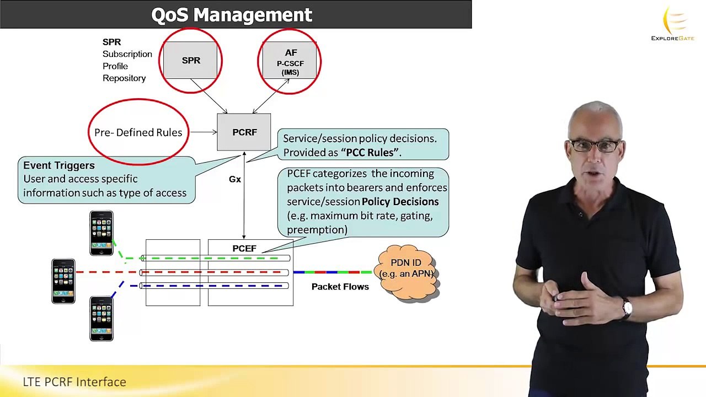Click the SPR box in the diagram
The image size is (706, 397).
[190, 60]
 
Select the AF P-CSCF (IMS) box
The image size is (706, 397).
[290, 60]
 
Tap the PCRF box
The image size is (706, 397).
[244, 132]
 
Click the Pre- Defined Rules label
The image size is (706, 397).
[138, 132]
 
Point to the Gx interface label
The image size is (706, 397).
[235, 179]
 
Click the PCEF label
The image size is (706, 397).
[244, 248]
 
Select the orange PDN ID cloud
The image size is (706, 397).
[407, 272]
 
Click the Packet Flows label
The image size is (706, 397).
[340, 287]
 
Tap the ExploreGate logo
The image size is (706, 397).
[673, 24]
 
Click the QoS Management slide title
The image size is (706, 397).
[232, 14]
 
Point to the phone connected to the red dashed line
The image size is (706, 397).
[63, 281]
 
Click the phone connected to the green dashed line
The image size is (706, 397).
[101, 233]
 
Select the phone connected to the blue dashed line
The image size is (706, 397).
[101, 319]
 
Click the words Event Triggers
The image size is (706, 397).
[59, 165]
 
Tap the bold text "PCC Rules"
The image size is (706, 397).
[370, 153]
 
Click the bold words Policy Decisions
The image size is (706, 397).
[400, 202]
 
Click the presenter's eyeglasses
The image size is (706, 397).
[595, 146]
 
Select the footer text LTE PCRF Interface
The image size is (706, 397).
[74, 382]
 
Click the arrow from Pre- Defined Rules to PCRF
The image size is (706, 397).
[204, 132]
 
